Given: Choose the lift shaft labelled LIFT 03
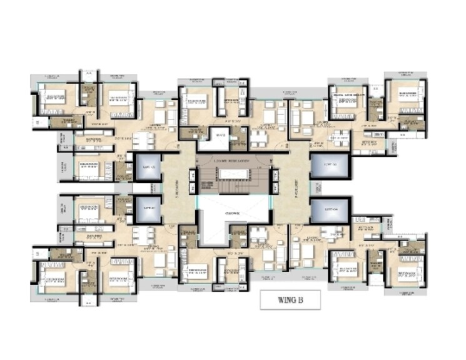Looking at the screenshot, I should coord(325,167).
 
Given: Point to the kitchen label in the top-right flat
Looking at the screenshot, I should coord(363,143).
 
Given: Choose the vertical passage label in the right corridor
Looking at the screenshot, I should coord(292,188).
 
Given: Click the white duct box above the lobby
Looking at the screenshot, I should coord(220,133).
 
